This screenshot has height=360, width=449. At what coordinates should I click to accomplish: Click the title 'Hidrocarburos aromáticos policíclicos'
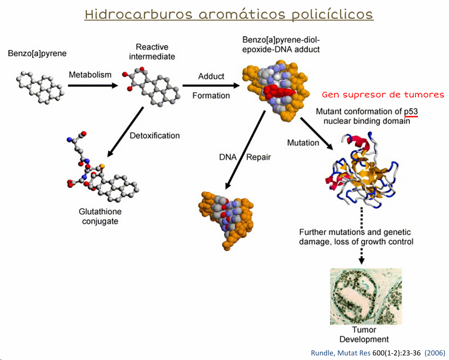point(229,14)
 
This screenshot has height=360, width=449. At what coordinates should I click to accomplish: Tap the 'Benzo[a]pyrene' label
point(37,54)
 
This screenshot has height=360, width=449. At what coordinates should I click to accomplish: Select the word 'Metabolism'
point(90,75)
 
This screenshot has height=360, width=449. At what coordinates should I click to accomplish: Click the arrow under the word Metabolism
point(91,85)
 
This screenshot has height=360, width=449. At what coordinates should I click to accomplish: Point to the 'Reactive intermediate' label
point(152,52)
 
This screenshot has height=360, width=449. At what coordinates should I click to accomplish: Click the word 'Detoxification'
point(155,135)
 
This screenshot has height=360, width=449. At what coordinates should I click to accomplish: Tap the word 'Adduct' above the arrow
point(211,76)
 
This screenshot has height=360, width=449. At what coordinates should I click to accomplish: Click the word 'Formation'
point(211,96)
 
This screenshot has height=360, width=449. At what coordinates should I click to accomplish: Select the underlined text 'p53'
point(411,112)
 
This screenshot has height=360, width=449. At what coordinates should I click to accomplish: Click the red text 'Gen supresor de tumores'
point(383,95)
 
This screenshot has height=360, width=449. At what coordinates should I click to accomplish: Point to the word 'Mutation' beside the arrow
point(303,143)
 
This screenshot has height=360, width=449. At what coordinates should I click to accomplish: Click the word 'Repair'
point(259,157)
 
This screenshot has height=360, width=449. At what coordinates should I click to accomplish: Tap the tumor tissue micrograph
point(366,296)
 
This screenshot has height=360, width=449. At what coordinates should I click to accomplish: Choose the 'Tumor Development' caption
point(364,334)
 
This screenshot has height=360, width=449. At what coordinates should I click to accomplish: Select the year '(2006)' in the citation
point(434,353)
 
